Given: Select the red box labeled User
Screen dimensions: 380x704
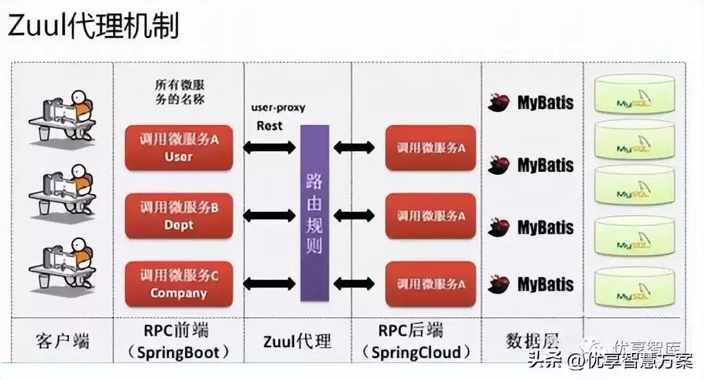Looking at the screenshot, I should coord(179,147).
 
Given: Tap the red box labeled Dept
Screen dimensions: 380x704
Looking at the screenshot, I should coord(179,216).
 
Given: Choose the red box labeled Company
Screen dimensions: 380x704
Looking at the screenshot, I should coord(179,284).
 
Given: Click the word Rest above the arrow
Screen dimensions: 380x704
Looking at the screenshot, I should coord(269,126).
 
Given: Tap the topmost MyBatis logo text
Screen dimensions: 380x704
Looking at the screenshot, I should coord(545,104).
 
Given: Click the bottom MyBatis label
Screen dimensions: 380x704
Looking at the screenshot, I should coord(545,284).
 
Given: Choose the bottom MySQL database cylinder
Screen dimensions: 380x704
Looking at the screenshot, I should coord(634,289).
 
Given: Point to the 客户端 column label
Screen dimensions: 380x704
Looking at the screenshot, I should coord(62,341).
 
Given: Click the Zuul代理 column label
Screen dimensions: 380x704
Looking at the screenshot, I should coord(297,341).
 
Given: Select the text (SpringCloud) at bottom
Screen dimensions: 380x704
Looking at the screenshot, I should coord(420,352).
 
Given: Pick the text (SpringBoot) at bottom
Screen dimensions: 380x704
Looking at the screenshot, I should coord(179,352).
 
